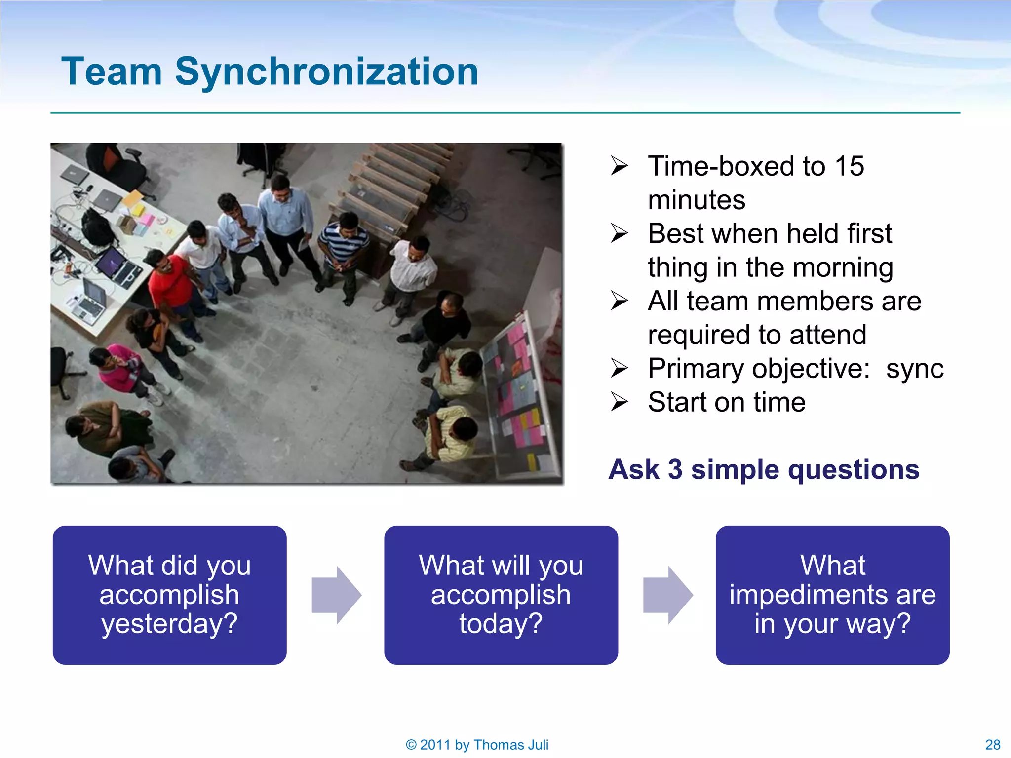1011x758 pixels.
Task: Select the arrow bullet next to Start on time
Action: click(x=619, y=402)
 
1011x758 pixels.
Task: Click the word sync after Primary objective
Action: click(x=914, y=369)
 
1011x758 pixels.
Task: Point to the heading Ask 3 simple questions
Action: click(x=764, y=469)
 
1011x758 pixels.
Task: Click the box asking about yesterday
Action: click(x=169, y=595)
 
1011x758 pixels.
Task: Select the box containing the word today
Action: click(x=501, y=595)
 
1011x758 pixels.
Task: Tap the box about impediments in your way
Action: click(x=832, y=595)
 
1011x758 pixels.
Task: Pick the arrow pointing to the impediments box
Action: click(x=668, y=595)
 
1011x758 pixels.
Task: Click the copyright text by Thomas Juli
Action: click(x=477, y=744)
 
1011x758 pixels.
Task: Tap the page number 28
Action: click(x=992, y=744)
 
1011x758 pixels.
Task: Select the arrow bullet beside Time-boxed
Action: click(x=619, y=166)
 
